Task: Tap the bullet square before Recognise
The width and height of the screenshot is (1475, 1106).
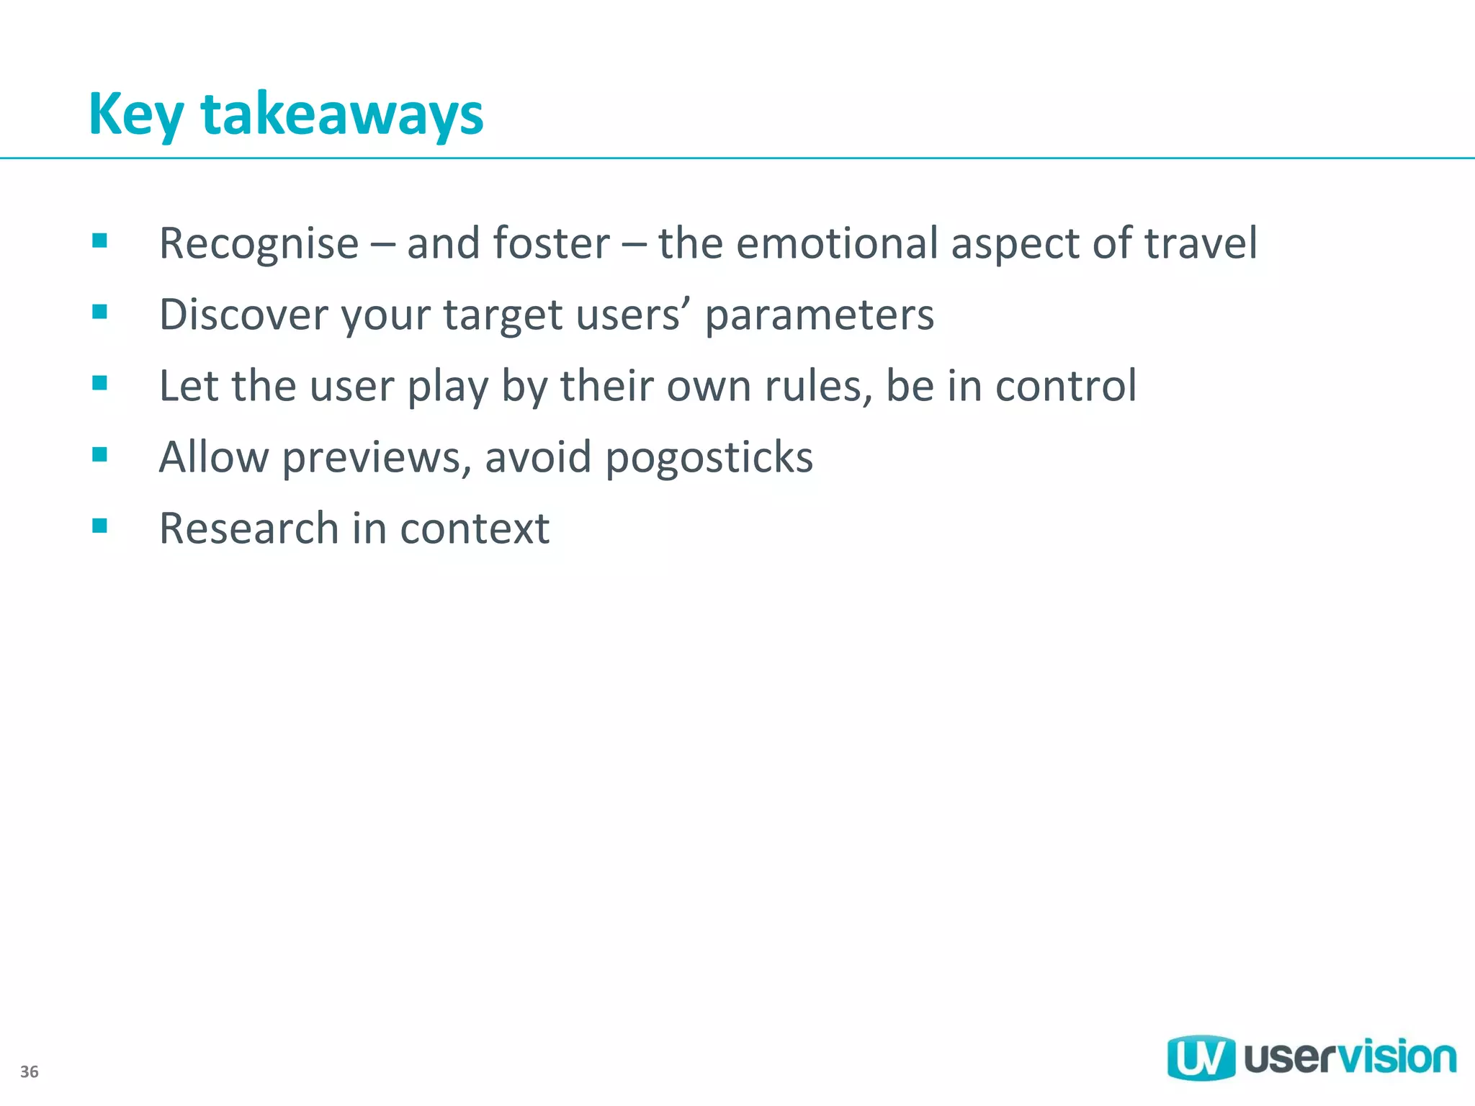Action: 100,240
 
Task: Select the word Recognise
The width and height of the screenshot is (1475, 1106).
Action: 259,243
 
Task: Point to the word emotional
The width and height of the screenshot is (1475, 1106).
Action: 836,243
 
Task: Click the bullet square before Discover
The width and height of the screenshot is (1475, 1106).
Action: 100,312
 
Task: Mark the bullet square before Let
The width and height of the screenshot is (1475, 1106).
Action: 100,383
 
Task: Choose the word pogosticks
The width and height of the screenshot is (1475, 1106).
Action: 709,458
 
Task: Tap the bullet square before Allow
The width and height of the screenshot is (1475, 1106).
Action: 100,454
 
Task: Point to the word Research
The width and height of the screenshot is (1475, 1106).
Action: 248,529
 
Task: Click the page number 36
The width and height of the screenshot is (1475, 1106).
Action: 30,1071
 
